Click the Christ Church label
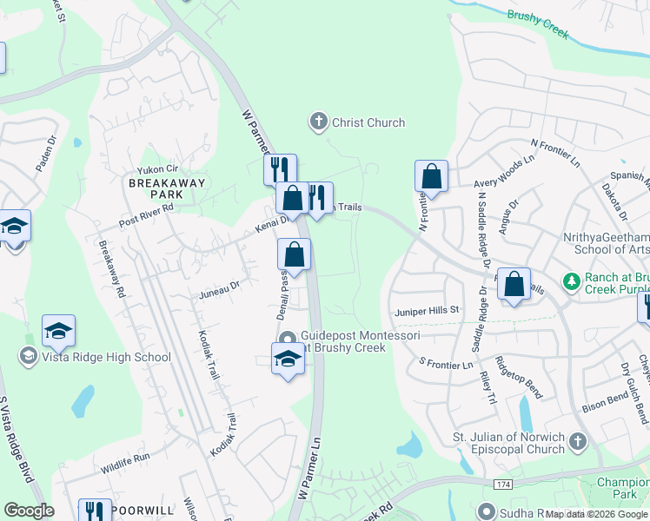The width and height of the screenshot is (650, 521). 368,122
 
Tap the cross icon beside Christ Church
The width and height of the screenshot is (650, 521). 319,122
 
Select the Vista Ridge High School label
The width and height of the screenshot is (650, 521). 96,357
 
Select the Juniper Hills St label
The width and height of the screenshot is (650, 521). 427,310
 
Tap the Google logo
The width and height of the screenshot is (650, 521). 29,511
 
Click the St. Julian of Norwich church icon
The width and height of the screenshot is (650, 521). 578,443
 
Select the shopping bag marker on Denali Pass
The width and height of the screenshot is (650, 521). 295,255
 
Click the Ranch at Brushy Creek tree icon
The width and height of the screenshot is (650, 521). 571,281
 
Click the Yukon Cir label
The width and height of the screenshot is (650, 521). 156,170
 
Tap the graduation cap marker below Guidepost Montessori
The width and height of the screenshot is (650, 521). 288,358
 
